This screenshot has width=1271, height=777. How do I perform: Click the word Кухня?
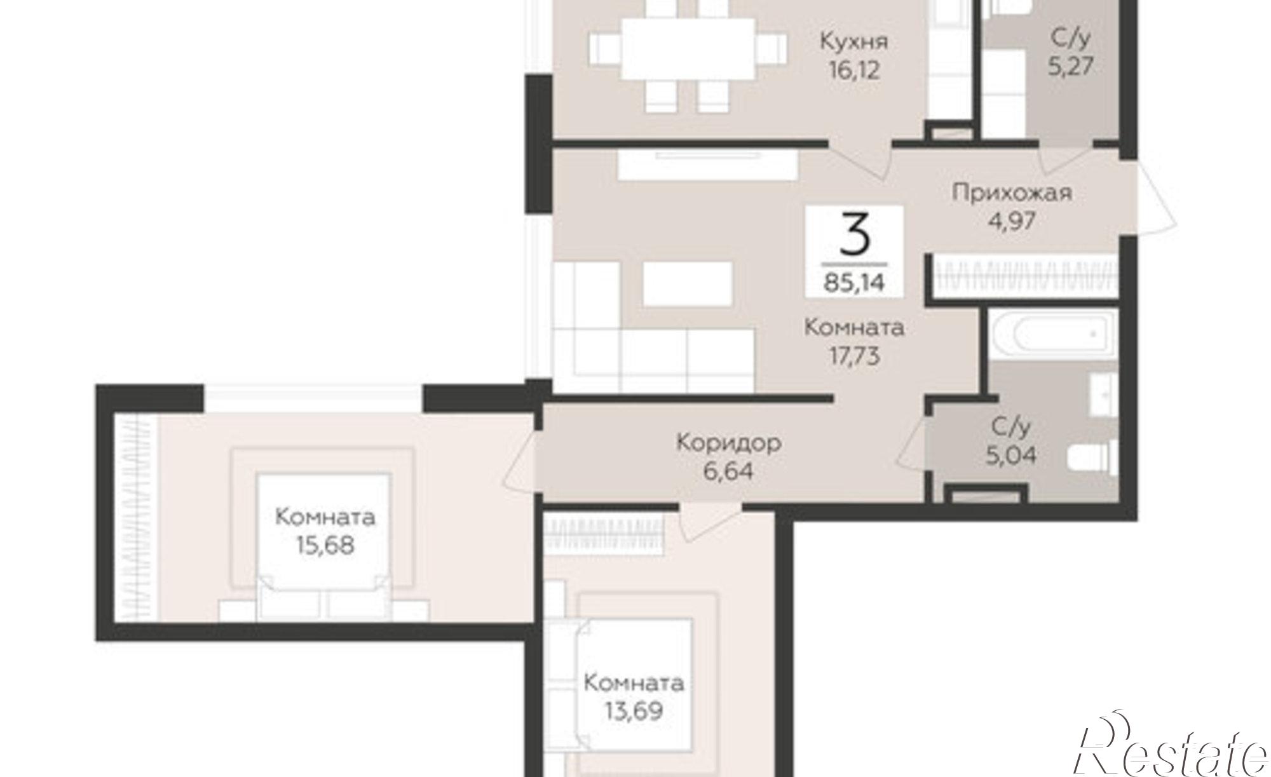click(x=854, y=42)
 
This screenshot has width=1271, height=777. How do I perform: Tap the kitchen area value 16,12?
click(x=854, y=70)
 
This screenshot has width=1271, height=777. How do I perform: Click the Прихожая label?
click(x=1012, y=193)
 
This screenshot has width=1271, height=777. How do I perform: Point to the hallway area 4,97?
click(x=1012, y=221)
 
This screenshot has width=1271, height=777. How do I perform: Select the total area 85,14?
click(x=854, y=281)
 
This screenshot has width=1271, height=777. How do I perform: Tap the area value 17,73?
click(x=854, y=356)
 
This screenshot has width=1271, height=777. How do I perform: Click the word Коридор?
click(x=728, y=443)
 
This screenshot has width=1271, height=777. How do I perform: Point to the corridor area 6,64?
click(x=728, y=471)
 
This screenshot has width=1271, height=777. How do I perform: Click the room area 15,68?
click(x=325, y=546)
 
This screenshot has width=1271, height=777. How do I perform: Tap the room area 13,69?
click(x=634, y=711)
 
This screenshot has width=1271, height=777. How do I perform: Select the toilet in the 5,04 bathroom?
click(x=1094, y=459)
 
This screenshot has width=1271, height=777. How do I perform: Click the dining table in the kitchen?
click(x=688, y=48)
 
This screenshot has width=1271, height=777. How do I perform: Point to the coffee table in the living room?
click(x=688, y=284)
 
